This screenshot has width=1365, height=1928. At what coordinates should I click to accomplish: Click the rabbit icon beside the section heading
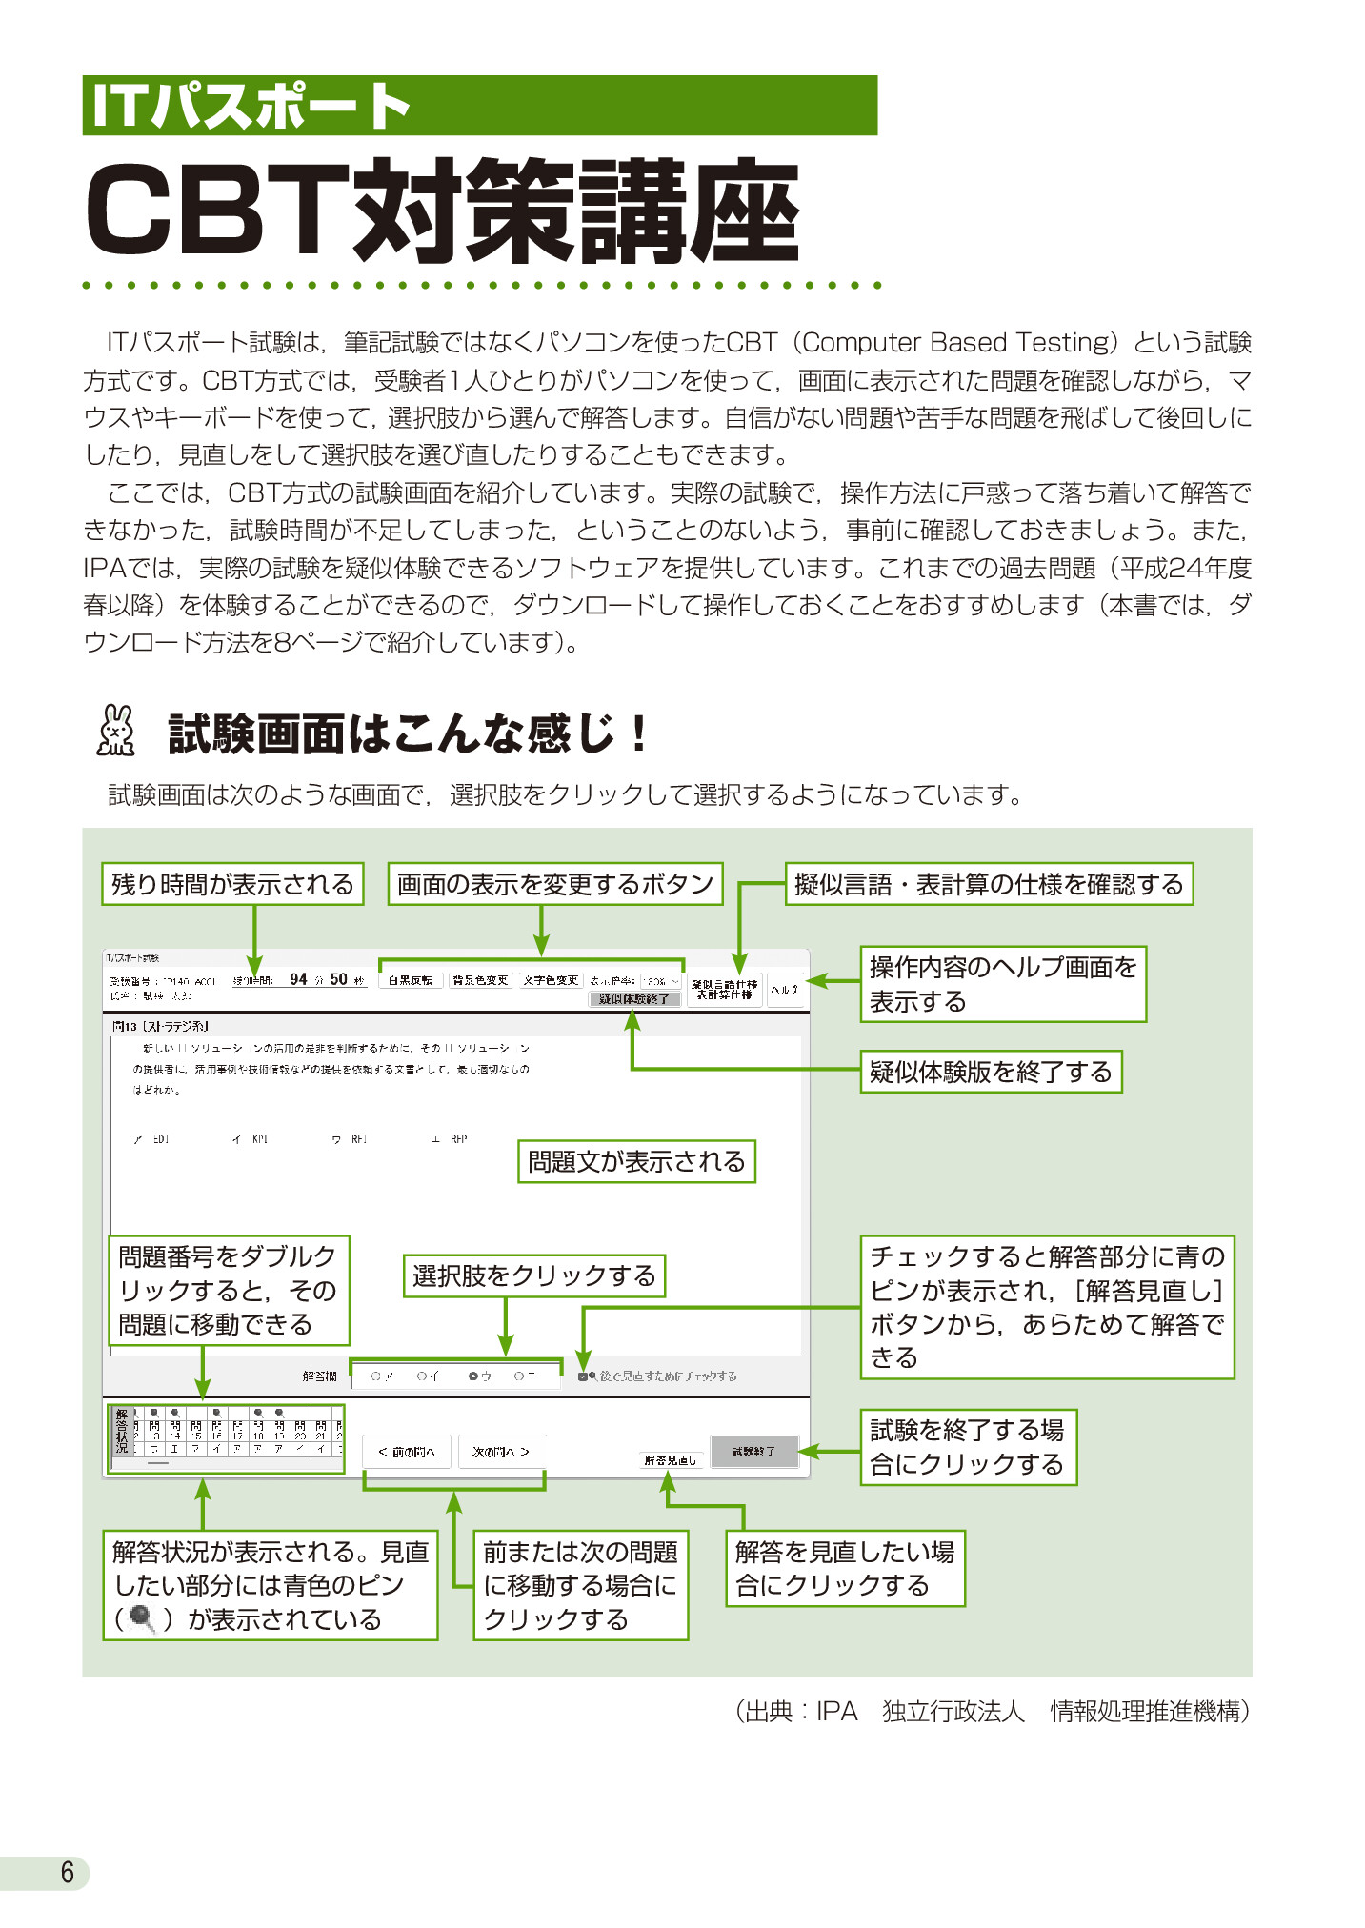point(115,732)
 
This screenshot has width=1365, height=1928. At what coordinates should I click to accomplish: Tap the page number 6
point(67,1872)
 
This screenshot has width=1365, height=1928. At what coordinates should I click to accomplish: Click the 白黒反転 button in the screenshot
point(411,979)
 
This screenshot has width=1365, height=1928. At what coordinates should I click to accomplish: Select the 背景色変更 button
point(481,979)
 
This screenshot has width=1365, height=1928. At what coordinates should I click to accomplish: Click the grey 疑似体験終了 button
point(634,998)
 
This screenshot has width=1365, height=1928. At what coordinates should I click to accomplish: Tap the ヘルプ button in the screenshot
point(785,990)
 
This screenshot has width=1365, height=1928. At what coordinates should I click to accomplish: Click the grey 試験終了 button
point(753,1451)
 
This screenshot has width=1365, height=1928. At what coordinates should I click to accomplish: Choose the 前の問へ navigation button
point(407,1452)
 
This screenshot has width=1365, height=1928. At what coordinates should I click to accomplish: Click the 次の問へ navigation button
point(501,1452)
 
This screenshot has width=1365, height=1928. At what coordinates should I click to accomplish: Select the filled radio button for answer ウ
point(473,1376)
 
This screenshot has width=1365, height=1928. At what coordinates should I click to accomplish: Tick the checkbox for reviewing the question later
point(583,1376)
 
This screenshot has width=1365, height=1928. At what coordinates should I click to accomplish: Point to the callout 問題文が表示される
point(636,1161)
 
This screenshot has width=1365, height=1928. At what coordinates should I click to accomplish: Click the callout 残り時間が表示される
point(232,884)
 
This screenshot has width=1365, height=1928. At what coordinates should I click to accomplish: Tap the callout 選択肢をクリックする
point(533,1275)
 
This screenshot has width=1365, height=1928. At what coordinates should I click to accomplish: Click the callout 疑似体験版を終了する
point(991,1072)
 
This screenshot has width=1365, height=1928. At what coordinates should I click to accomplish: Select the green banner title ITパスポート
point(250,105)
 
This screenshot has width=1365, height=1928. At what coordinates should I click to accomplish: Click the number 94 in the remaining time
point(298,979)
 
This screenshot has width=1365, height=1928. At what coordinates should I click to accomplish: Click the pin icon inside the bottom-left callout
point(143,1618)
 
